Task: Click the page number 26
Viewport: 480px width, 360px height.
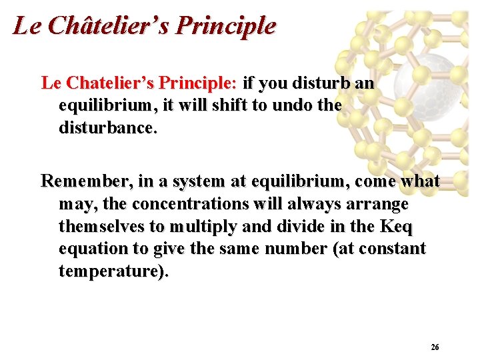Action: (x=435, y=347)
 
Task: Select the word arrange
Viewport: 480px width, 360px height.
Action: (x=377, y=203)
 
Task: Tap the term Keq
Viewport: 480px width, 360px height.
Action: (x=396, y=226)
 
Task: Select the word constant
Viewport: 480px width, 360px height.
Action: (x=398, y=249)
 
